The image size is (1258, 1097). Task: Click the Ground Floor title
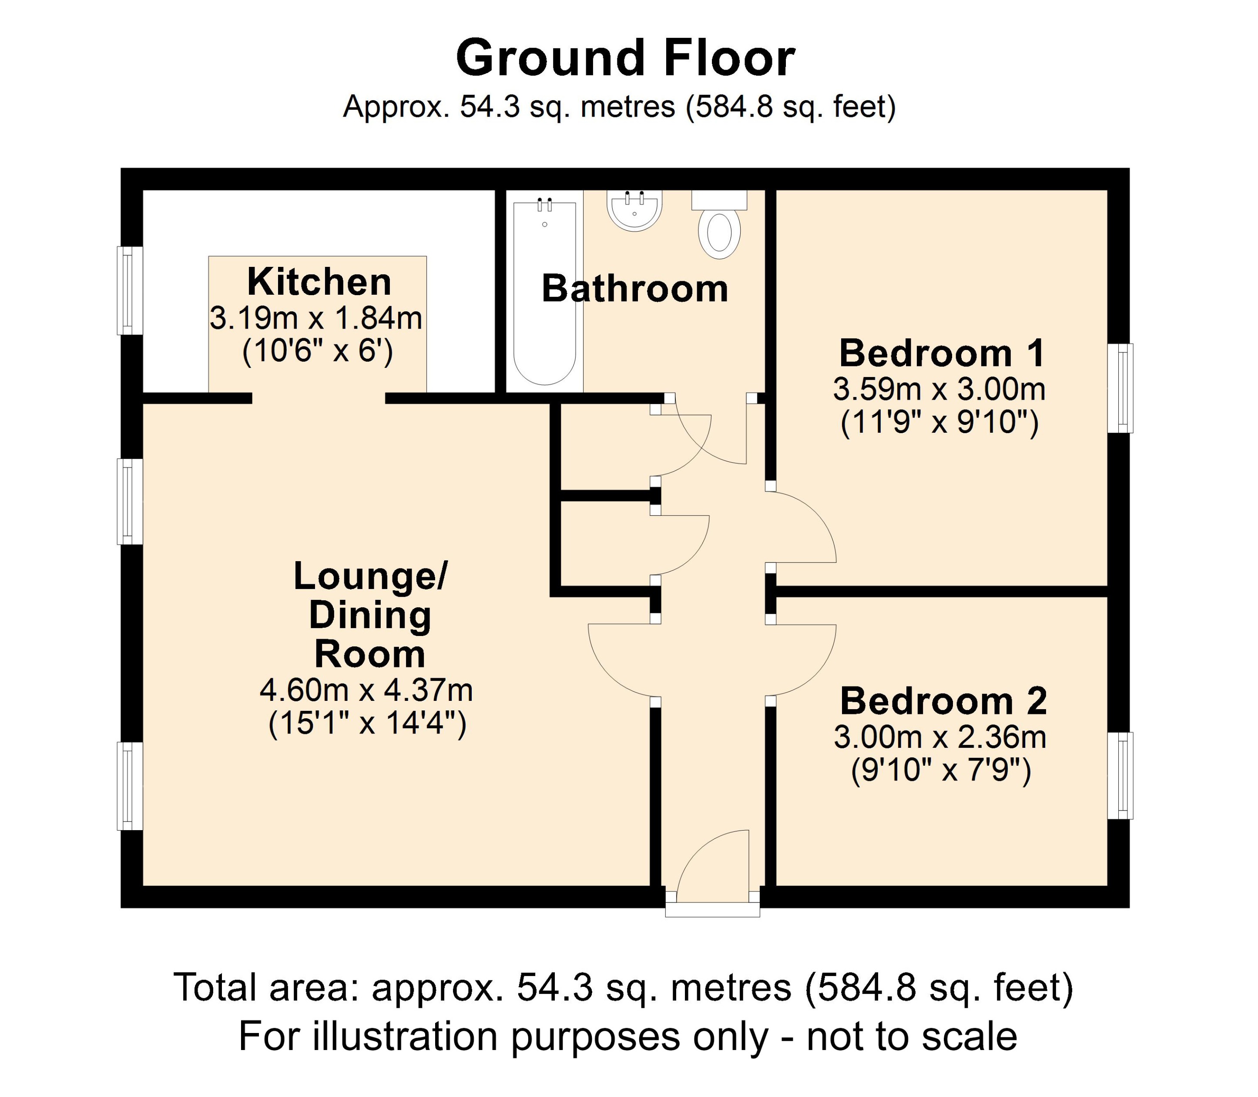(625, 58)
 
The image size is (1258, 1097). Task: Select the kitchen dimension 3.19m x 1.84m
(316, 318)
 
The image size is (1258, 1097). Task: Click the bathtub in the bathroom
(544, 294)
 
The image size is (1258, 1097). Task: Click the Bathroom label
(634, 289)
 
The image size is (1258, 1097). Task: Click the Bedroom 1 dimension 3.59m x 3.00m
(939, 389)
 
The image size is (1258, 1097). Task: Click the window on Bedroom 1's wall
(1120, 388)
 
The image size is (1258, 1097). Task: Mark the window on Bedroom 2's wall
(1120, 776)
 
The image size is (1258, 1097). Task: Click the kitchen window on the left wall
(130, 290)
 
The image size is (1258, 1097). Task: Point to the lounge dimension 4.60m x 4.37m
(366, 690)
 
